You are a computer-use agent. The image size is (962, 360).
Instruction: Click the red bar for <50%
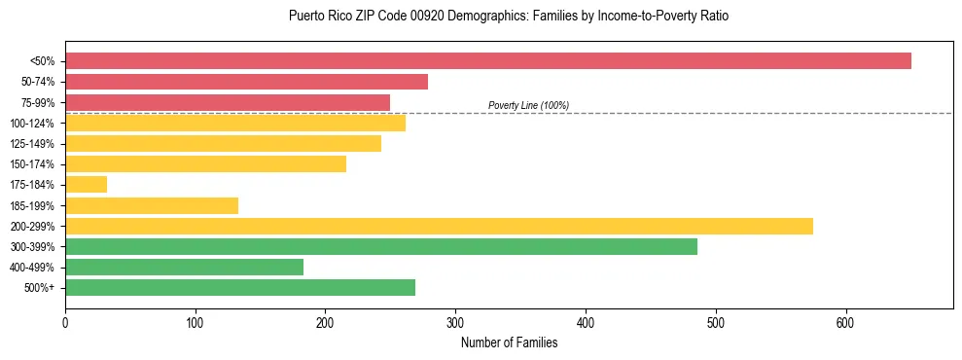tap(487, 61)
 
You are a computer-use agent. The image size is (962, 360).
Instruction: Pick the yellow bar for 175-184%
tap(86, 185)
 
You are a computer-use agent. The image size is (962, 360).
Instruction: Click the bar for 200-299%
tap(439, 227)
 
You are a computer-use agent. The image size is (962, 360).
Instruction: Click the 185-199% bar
tap(151, 205)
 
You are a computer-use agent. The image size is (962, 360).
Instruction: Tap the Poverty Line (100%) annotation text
tap(528, 105)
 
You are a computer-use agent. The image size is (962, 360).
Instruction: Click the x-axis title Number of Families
tap(509, 342)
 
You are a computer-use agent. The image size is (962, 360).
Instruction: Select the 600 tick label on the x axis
tap(845, 322)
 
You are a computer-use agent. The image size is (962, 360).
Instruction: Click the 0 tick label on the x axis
tap(65, 322)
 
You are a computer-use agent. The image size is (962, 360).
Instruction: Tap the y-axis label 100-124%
tap(32, 124)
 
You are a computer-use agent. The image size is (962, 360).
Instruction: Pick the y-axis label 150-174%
tap(32, 164)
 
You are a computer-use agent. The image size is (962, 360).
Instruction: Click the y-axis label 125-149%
tap(32, 144)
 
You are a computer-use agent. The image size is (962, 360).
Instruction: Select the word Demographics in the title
tap(486, 17)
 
